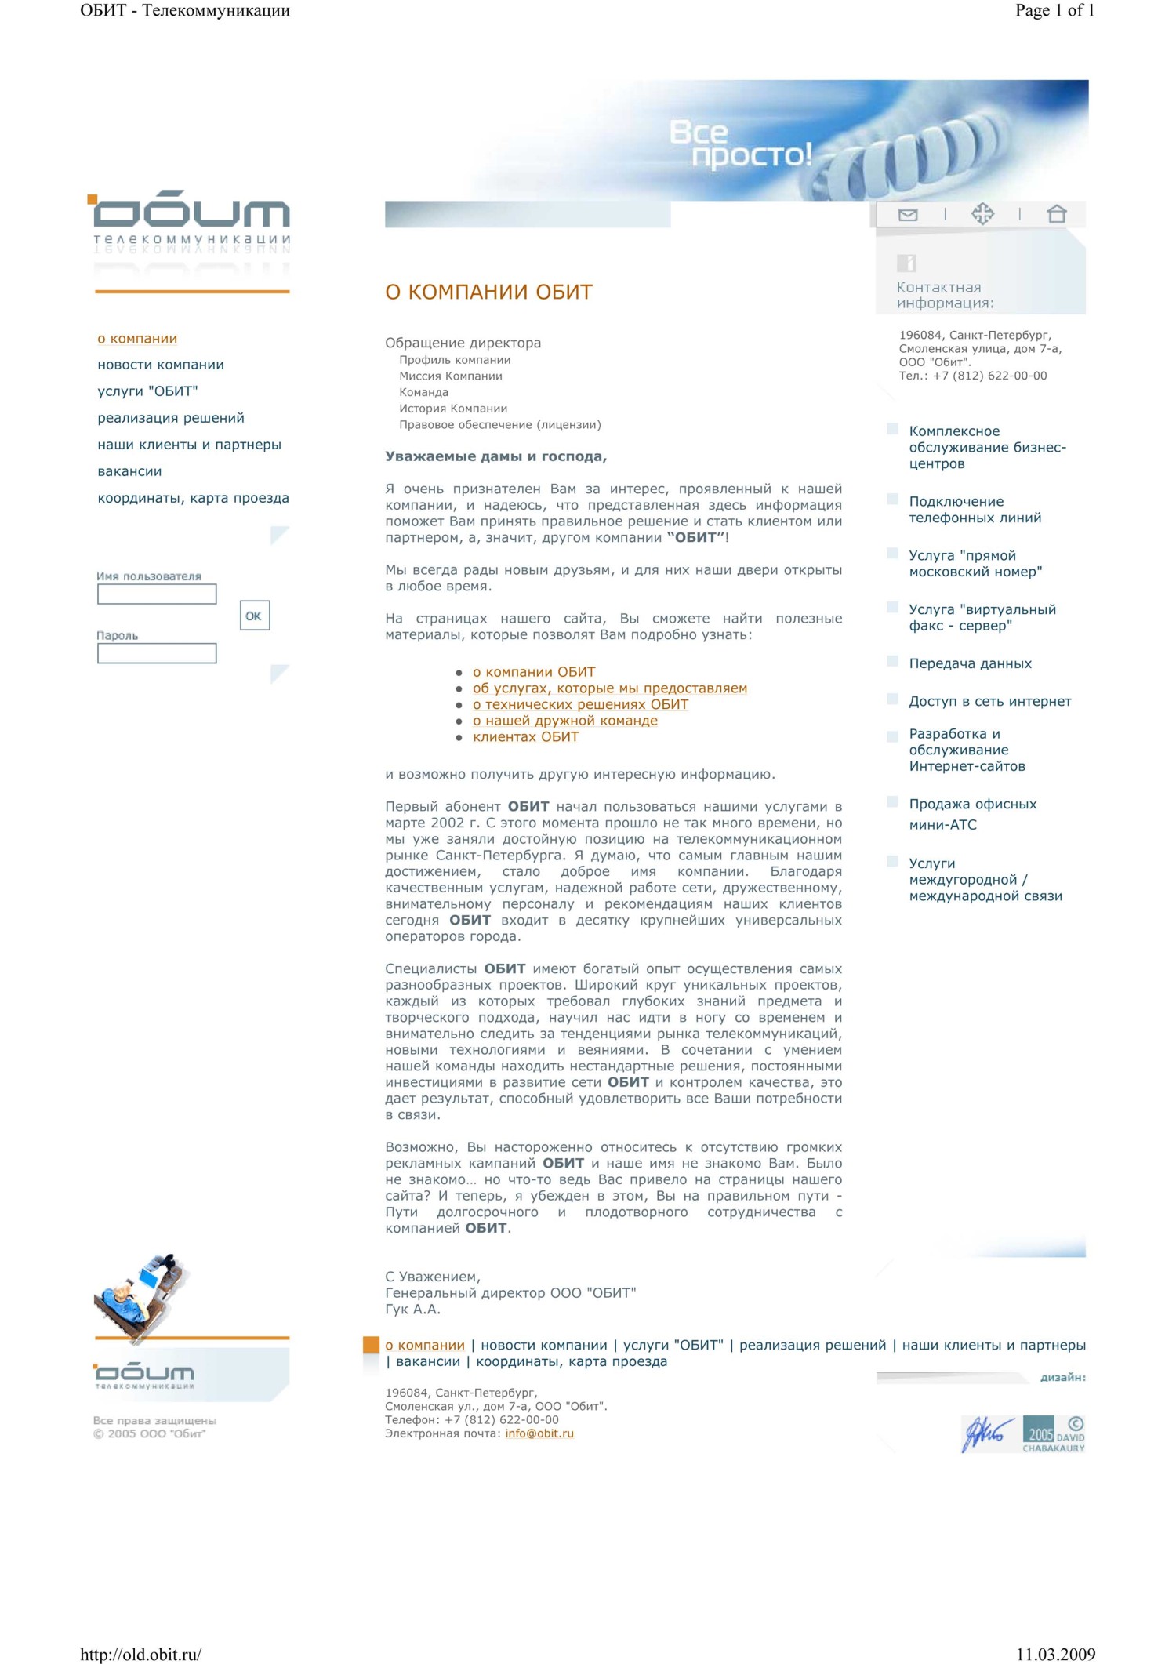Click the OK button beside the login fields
(254, 616)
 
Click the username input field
(157, 594)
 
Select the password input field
(157, 653)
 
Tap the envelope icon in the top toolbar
(908, 215)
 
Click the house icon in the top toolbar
(1056, 214)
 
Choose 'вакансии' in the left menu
(129, 471)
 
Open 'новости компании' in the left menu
(161, 365)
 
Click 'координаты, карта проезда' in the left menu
(193, 498)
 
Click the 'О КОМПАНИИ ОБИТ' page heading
(488, 292)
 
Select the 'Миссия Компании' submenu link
(451, 376)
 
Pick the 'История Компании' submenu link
(453, 409)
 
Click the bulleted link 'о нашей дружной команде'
(564, 721)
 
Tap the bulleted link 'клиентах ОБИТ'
(525, 737)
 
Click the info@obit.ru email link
(539, 1433)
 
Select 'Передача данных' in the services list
(970, 663)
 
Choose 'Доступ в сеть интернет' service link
(989, 701)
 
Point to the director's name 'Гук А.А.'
(412, 1310)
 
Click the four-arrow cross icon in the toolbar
(982, 214)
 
